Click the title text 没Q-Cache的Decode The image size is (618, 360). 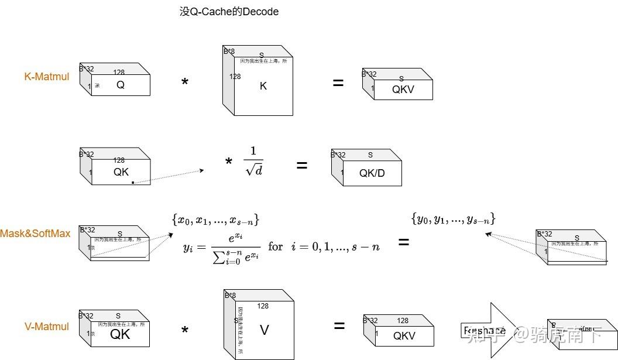(x=229, y=12)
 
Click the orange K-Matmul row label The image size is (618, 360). (x=47, y=76)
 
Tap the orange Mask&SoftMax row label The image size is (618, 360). (x=35, y=233)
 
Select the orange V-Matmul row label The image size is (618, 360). (x=47, y=327)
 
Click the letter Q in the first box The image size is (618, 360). (x=121, y=85)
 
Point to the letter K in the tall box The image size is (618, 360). (x=263, y=86)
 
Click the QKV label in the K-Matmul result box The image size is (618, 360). (x=403, y=90)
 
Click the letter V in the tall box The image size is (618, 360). (x=264, y=330)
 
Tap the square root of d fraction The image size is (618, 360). (x=253, y=160)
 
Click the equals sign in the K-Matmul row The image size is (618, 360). (x=338, y=83)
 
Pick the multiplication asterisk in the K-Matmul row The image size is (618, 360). (x=185, y=83)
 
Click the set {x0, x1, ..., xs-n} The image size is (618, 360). (x=215, y=220)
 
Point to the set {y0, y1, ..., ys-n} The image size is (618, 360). (x=454, y=219)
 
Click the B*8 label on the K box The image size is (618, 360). (x=229, y=52)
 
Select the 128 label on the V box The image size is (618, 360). (x=263, y=306)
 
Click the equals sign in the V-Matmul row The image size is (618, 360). (x=339, y=326)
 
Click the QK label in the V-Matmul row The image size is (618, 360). (x=121, y=334)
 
